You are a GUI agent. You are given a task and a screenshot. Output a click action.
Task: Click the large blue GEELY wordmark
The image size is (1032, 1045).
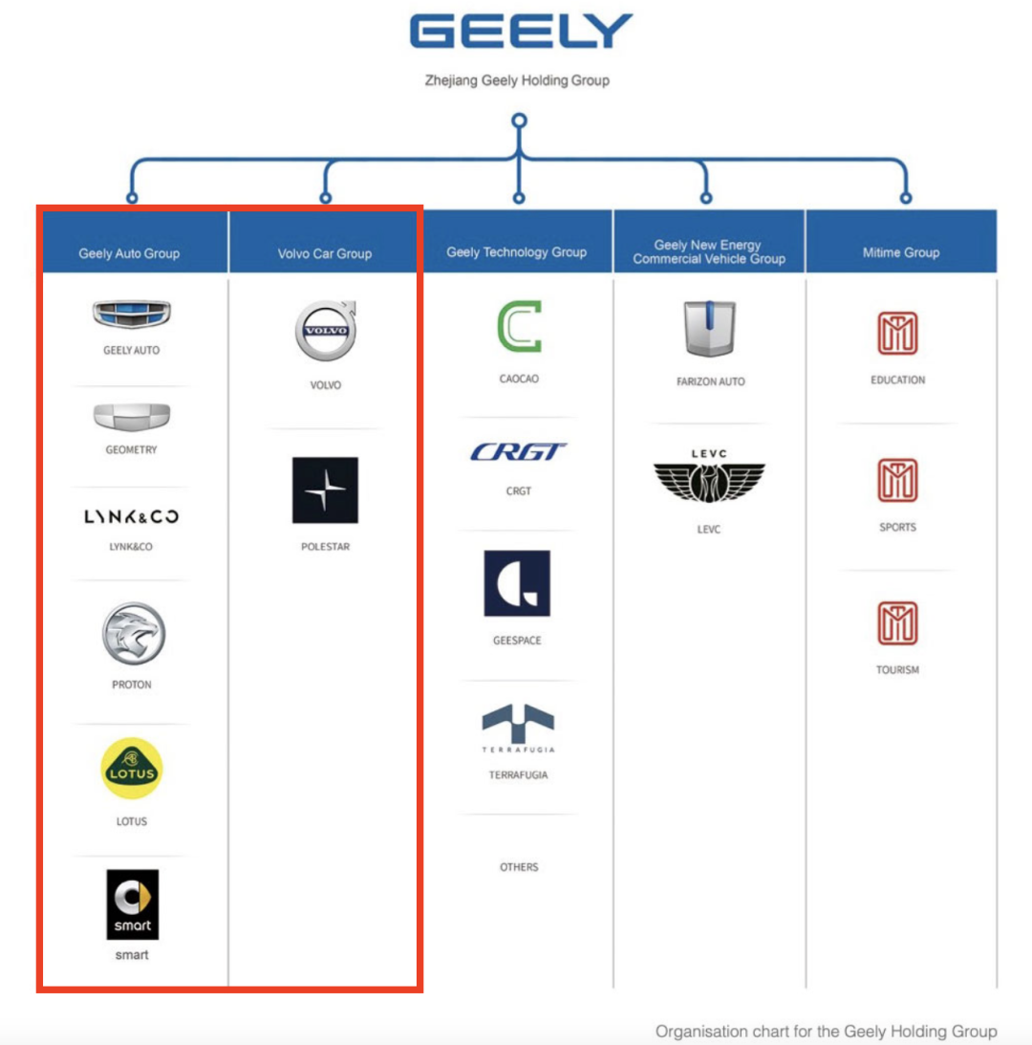pyautogui.click(x=521, y=32)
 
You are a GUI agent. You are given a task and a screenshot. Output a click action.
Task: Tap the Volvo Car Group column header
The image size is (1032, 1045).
pyautogui.click(x=325, y=253)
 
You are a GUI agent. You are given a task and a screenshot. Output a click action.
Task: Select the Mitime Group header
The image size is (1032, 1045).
pyautogui.click(x=901, y=252)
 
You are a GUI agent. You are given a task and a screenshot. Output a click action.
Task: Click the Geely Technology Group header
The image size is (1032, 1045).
pyautogui.click(x=516, y=251)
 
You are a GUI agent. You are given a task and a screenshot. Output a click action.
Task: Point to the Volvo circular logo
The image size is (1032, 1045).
pyautogui.click(x=326, y=331)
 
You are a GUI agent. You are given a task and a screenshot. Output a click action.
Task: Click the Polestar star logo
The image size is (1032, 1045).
pyautogui.click(x=325, y=490)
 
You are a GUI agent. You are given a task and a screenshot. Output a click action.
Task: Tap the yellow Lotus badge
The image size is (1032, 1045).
pyautogui.click(x=132, y=769)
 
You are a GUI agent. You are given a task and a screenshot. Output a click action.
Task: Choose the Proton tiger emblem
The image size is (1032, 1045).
pyautogui.click(x=133, y=634)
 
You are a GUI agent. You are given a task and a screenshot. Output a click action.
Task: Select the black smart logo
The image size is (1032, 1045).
pyautogui.click(x=133, y=904)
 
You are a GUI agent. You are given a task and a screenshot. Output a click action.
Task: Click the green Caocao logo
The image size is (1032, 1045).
pyautogui.click(x=519, y=327)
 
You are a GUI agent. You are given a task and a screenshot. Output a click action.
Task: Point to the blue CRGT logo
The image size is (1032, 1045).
pyautogui.click(x=518, y=452)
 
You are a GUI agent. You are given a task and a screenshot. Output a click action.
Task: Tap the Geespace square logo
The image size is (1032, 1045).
pyautogui.click(x=517, y=583)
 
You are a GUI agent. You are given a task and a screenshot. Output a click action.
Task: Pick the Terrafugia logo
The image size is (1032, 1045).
pyautogui.click(x=518, y=729)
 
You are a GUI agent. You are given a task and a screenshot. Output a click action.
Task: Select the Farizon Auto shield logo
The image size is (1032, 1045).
pyautogui.click(x=710, y=329)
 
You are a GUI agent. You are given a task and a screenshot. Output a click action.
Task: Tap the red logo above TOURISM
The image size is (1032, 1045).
pyautogui.click(x=897, y=623)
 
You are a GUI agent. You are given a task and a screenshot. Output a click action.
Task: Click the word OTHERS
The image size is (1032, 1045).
pyautogui.click(x=519, y=867)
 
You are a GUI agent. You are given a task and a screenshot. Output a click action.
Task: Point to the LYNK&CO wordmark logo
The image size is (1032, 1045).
pyautogui.click(x=131, y=516)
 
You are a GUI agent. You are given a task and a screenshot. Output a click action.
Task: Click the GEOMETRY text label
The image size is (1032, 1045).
pyautogui.click(x=131, y=450)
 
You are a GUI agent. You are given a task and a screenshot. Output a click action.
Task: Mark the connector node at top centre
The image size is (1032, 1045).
pyautogui.click(x=519, y=120)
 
